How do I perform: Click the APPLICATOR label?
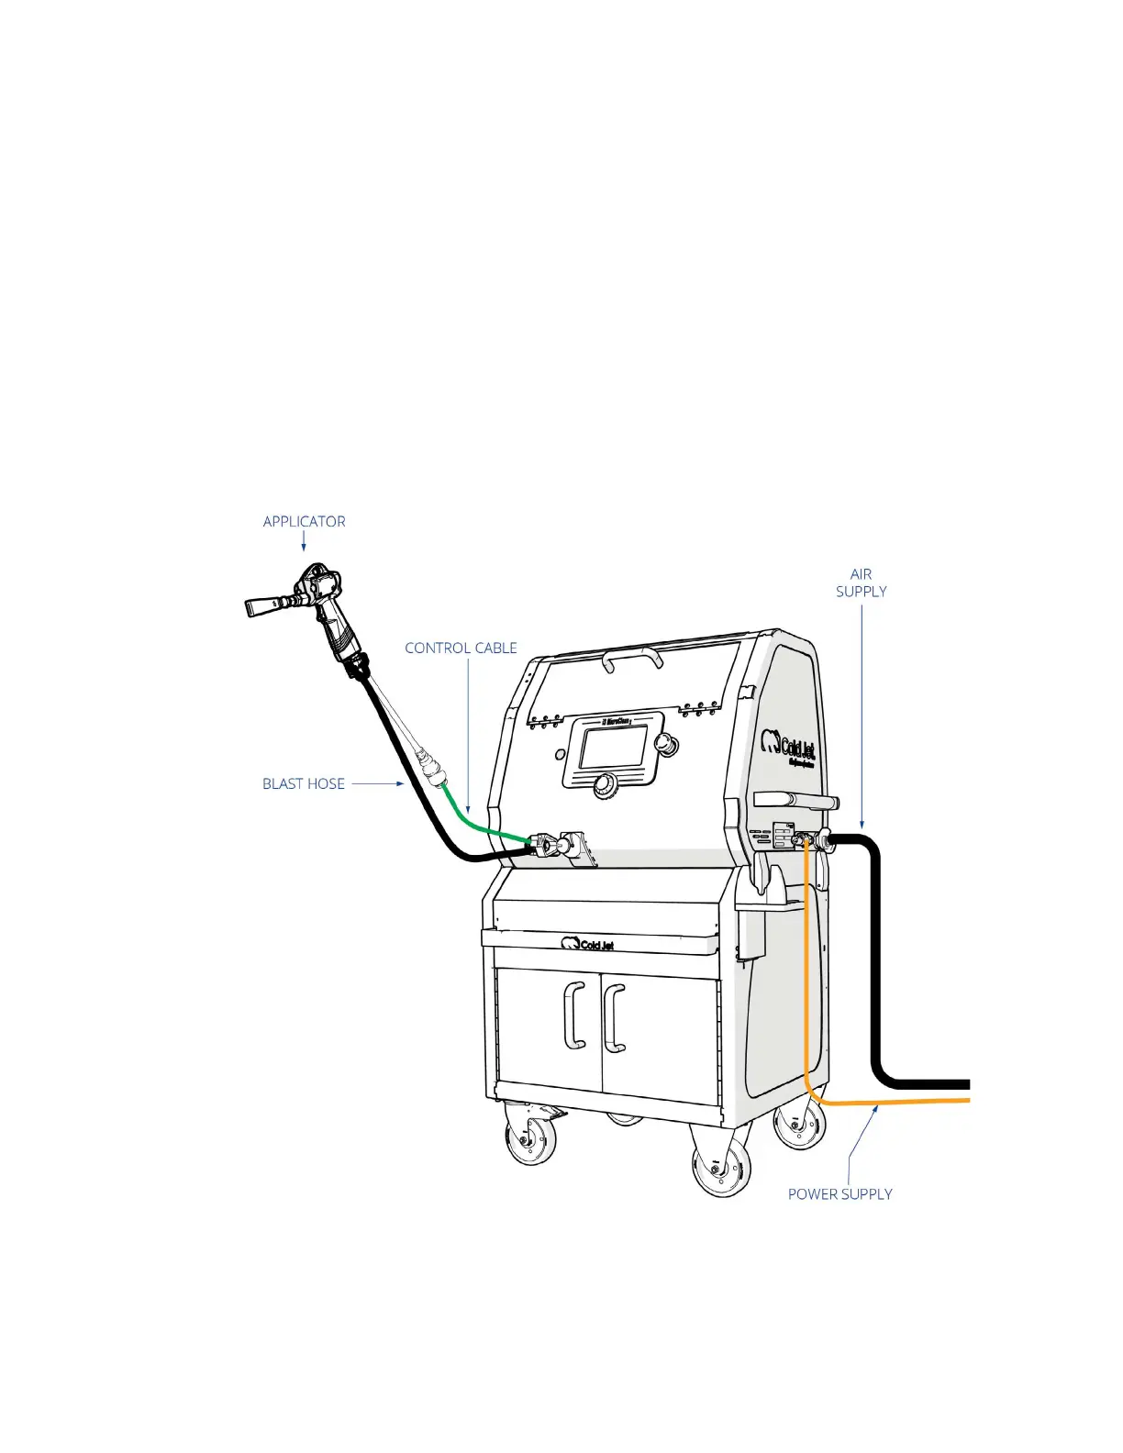[304, 521]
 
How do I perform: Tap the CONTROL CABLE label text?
[461, 648]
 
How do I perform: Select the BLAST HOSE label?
[304, 783]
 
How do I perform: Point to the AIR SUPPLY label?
[861, 582]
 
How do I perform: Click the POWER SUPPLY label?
[839, 1193]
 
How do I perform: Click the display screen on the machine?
[613, 749]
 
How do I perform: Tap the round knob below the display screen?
[604, 785]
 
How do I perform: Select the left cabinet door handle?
[575, 1015]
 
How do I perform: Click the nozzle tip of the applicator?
[256, 607]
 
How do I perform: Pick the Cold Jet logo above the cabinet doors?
[588, 944]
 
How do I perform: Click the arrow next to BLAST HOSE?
[378, 783]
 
